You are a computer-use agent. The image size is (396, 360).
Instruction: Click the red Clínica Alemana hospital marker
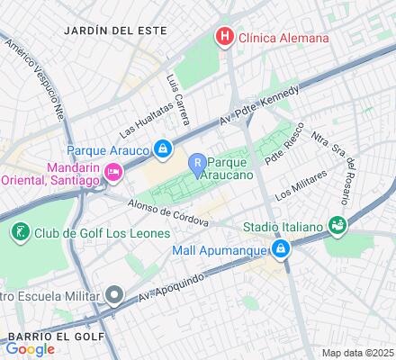tap(222, 38)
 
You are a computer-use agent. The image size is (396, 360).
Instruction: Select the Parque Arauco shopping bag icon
tap(162, 148)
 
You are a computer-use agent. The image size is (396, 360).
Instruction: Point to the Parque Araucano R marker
tap(196, 163)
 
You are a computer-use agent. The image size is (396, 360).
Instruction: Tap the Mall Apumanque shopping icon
tap(281, 247)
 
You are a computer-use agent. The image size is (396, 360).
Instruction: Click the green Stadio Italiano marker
tap(337, 224)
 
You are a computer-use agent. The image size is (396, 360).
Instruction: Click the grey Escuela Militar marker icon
tap(113, 294)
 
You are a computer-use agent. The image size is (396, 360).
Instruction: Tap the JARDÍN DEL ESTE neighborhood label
tap(116, 30)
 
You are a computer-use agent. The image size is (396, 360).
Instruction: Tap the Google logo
tap(30, 349)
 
